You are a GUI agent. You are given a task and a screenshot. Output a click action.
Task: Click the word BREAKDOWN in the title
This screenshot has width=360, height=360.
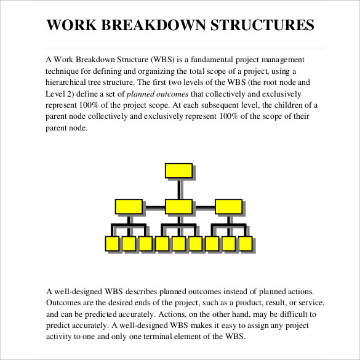click(x=154, y=26)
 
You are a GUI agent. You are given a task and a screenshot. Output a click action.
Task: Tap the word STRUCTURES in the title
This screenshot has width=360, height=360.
click(x=262, y=26)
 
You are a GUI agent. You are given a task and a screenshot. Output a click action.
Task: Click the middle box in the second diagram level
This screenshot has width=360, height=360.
click(x=178, y=207)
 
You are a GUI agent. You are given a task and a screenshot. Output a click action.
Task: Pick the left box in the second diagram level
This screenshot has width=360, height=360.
click(x=129, y=207)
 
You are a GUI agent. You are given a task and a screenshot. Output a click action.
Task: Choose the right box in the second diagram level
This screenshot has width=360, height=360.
click(x=228, y=207)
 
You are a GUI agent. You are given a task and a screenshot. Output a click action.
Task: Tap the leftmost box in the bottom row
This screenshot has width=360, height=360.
click(x=112, y=244)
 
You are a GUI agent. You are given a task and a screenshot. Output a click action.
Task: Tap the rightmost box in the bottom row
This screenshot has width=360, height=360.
click(x=245, y=244)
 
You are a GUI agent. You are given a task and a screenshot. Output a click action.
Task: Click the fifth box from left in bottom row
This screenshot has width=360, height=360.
click(x=178, y=244)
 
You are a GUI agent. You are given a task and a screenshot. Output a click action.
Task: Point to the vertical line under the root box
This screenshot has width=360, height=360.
click(x=178, y=190)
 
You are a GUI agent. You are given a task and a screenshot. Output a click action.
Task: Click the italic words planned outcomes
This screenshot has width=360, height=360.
click(x=158, y=94)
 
